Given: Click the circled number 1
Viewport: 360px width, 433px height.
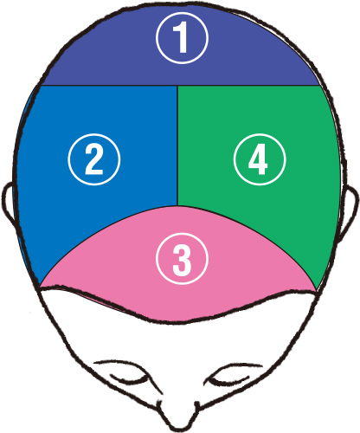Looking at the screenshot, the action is point(182,38).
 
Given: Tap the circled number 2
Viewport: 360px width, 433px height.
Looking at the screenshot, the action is point(94,159).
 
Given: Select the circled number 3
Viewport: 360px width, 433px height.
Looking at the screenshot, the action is point(182,259).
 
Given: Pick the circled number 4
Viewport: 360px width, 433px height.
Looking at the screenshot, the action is point(260,159).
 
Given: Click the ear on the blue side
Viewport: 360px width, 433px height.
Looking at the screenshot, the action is point(8,202).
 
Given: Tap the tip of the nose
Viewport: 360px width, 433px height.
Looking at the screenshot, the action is point(179,427).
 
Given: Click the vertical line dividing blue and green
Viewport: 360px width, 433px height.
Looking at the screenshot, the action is point(177,145).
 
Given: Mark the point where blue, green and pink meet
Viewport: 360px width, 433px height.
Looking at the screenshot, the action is point(177,206).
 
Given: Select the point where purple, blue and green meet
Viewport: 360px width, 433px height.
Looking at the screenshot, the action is point(177,86).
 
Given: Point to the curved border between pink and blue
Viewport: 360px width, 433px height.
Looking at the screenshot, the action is point(98,236).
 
